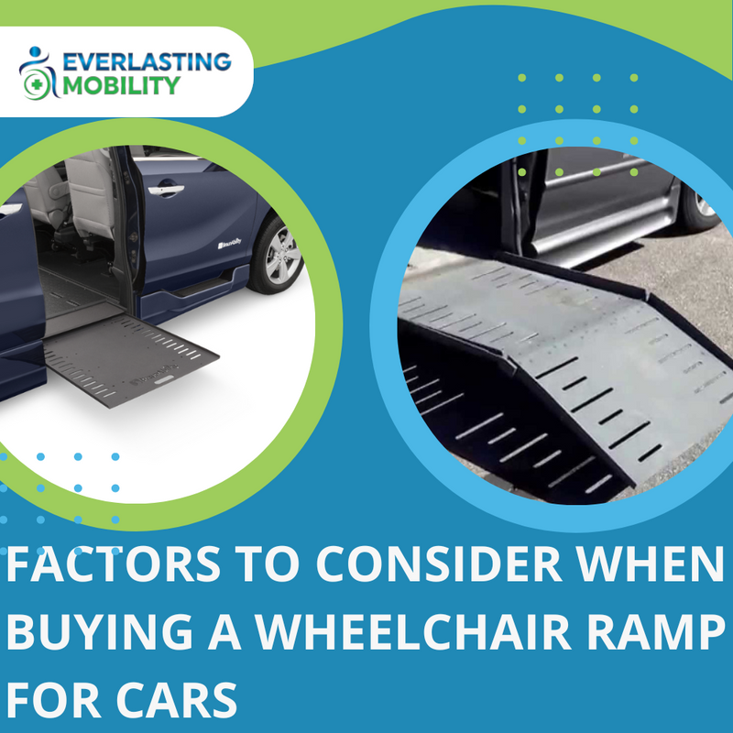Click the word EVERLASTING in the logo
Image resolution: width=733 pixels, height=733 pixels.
[147, 63]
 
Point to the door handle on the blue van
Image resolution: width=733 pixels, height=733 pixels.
[165, 191]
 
